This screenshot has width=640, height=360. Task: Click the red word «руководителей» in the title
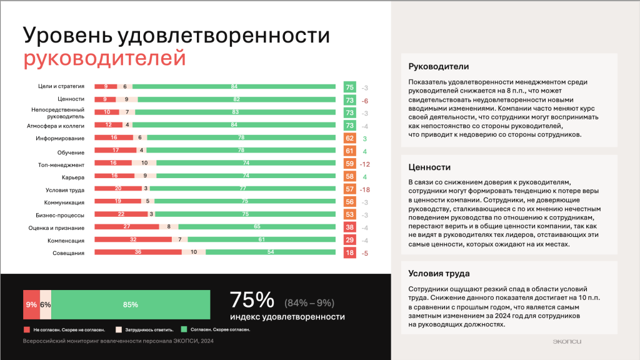pyautogui.click(x=104, y=58)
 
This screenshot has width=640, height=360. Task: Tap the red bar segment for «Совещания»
pyautogui.click(x=137, y=252)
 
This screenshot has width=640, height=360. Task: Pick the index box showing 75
pyautogui.click(x=349, y=87)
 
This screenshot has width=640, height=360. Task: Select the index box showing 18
pyautogui.click(x=349, y=252)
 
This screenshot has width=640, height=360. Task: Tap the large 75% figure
pyautogui.click(x=252, y=300)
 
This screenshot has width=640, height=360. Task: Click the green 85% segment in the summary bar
pyautogui.click(x=131, y=305)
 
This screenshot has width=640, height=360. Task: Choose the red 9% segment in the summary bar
pyautogui.click(x=31, y=305)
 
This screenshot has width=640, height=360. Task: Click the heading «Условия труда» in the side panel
pyautogui.click(x=439, y=274)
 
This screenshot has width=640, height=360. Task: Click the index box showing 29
pyautogui.click(x=349, y=240)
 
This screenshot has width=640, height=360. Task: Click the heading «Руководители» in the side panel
pyautogui.click(x=438, y=67)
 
